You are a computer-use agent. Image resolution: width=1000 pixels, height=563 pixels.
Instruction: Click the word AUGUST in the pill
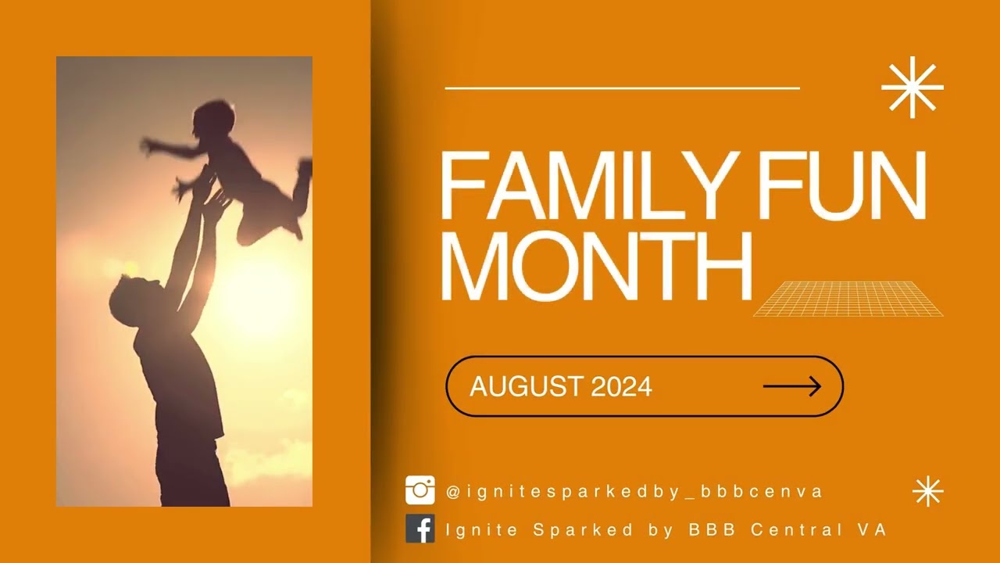526,386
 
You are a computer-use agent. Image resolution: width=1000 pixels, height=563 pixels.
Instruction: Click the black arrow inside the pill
791,386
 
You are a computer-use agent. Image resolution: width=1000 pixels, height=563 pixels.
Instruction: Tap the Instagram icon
420,490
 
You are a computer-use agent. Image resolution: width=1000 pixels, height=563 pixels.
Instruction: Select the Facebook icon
420,529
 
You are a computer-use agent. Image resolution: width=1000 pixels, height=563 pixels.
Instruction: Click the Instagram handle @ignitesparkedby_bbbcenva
634,492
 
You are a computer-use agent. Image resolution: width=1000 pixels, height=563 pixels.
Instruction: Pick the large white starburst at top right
912,88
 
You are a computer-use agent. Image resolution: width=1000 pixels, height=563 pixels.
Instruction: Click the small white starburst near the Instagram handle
928,491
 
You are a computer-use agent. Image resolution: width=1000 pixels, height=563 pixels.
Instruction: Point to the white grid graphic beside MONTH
848,299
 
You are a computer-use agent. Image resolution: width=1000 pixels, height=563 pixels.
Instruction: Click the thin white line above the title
622,88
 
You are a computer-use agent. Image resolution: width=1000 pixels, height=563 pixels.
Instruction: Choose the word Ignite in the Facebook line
481,529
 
